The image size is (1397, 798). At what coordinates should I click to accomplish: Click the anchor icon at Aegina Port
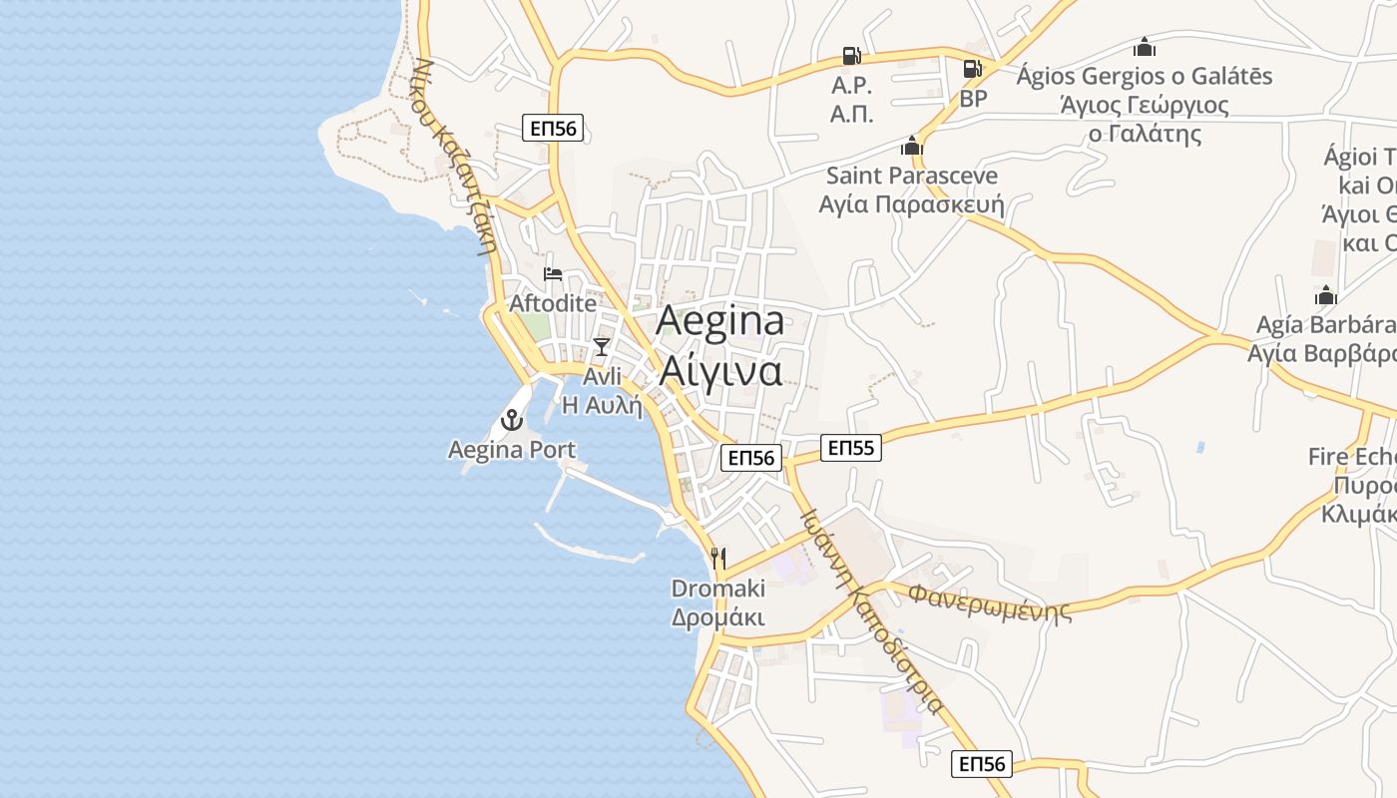pyautogui.click(x=512, y=420)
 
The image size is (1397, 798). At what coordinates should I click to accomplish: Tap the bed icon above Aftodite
pyautogui.click(x=552, y=274)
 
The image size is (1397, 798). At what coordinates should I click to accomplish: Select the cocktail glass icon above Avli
pyautogui.click(x=601, y=346)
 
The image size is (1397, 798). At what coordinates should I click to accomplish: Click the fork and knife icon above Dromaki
pyautogui.click(x=717, y=558)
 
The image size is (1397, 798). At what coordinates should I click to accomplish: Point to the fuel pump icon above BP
pyautogui.click(x=972, y=69)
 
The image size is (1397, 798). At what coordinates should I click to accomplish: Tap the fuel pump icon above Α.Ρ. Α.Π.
pyautogui.click(x=851, y=56)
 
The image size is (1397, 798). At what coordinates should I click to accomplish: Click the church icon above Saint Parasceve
pyautogui.click(x=911, y=147)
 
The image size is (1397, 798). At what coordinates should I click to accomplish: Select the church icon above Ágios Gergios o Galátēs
pyautogui.click(x=1144, y=47)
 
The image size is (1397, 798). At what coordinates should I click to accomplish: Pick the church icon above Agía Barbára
pyautogui.click(x=1325, y=295)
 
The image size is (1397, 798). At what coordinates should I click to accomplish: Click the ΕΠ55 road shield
pyautogui.click(x=851, y=448)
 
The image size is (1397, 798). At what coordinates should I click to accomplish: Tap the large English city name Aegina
pyautogui.click(x=719, y=321)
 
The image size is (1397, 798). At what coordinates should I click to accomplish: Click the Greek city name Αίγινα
pyautogui.click(x=719, y=370)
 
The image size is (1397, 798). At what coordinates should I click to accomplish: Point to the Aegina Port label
pyautogui.click(x=512, y=450)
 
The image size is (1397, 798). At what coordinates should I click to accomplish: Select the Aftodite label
pyautogui.click(x=553, y=303)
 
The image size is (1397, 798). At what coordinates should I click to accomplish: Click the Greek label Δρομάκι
pyautogui.click(x=717, y=617)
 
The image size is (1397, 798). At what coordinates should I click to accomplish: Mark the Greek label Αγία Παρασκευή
pyautogui.click(x=911, y=204)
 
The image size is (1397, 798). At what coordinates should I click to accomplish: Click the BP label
pyautogui.click(x=973, y=99)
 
